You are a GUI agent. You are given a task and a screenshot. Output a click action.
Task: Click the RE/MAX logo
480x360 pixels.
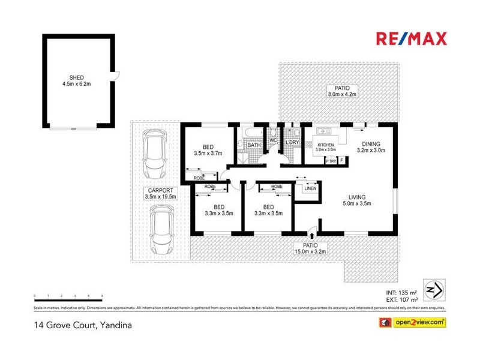click(411, 39)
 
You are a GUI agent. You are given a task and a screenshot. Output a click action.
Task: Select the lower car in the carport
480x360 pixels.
click(162, 229)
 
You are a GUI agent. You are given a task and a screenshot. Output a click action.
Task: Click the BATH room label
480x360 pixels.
click(254, 145)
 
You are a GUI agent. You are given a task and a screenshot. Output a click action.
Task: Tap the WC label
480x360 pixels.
click(272, 140)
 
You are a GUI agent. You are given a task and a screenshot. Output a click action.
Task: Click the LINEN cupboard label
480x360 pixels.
click(310, 189)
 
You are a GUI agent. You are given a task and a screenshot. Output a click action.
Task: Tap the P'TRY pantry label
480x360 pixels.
click(331, 161)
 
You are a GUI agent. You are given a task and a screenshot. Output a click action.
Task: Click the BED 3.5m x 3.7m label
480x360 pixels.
click(208, 150)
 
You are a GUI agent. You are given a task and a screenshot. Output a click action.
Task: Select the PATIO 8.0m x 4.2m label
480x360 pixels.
click(342, 91)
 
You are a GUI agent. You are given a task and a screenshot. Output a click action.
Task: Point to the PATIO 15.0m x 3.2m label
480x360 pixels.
click(310, 249)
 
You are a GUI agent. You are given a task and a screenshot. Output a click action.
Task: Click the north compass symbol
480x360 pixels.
click(433, 289)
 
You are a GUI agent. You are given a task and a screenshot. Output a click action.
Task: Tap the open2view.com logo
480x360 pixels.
click(412, 323)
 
